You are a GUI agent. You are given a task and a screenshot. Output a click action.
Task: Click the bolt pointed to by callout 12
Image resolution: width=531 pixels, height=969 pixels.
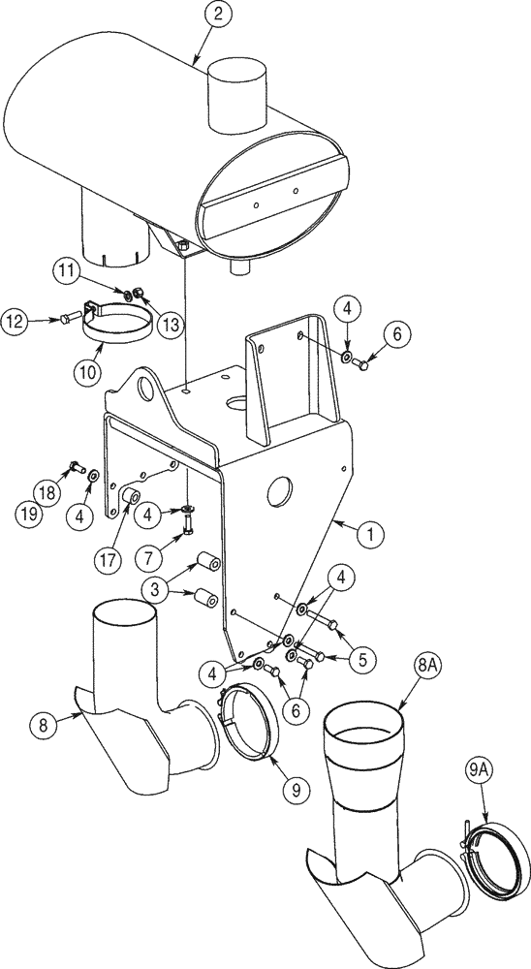(65, 317)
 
